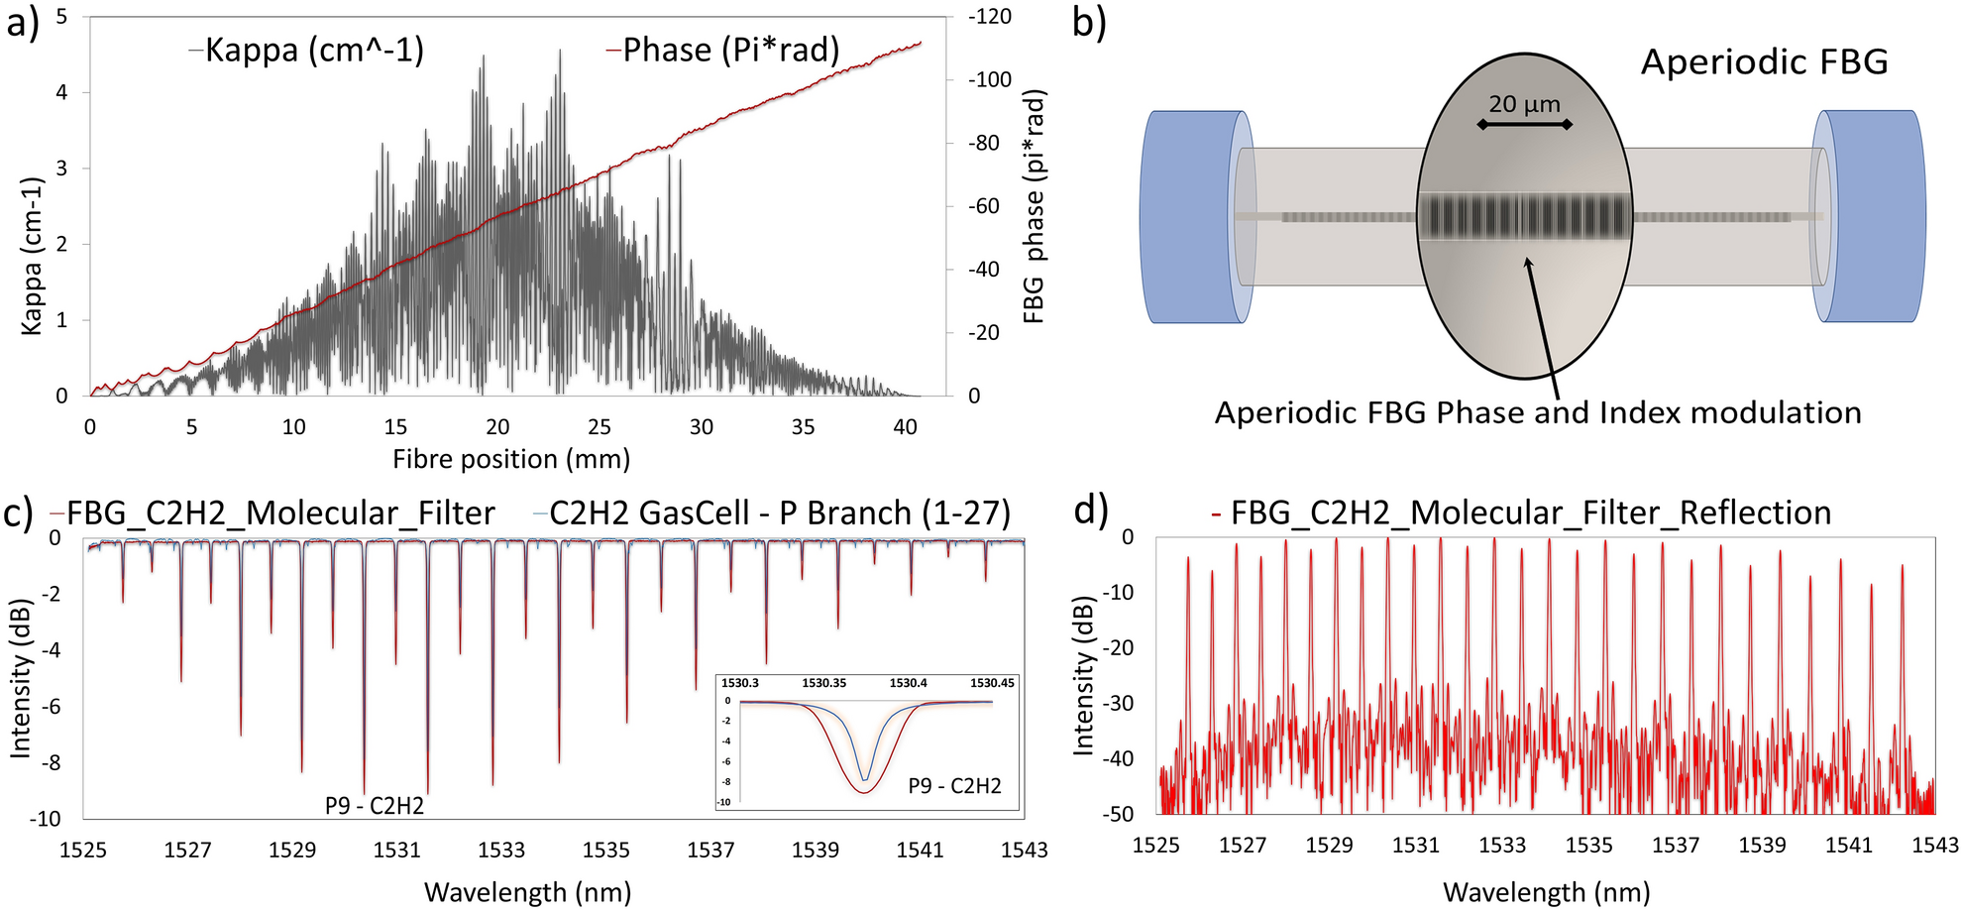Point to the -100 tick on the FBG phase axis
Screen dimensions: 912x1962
point(990,79)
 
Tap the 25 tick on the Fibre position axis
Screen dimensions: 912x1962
point(599,427)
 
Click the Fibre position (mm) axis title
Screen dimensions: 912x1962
point(511,459)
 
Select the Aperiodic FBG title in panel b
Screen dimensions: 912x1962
point(1764,62)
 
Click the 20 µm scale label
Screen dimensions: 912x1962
point(1524,104)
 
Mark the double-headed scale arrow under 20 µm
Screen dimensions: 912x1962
point(1524,125)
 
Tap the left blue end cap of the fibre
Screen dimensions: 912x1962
point(1192,217)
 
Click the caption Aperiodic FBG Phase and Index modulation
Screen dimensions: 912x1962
point(1538,412)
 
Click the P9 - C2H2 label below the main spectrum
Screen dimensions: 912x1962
point(375,806)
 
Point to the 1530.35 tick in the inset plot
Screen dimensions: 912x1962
point(823,683)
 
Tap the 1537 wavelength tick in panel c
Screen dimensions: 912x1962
point(710,850)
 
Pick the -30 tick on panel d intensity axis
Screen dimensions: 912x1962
point(1121,704)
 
